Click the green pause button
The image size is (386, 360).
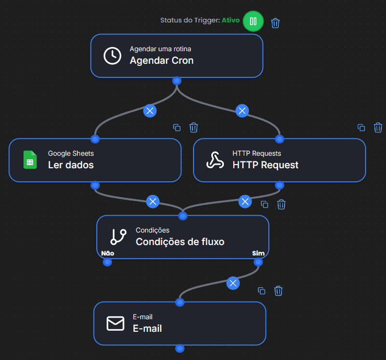[x=253, y=21]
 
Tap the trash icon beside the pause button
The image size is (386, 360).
[x=275, y=23]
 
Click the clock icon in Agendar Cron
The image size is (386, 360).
[x=112, y=56]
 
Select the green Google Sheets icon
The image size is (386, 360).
[x=30, y=160]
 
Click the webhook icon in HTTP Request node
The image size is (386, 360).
[x=215, y=160]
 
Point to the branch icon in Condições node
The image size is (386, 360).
[x=118, y=237]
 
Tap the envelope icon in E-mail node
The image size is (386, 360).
[x=116, y=323]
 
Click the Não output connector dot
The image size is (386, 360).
[x=107, y=262]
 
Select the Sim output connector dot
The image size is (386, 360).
[x=258, y=262]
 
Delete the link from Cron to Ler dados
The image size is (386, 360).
[x=150, y=111]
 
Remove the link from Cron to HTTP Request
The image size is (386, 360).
[x=242, y=111]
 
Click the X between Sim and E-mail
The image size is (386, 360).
[x=233, y=283]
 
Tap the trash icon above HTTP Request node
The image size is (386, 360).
[x=378, y=127]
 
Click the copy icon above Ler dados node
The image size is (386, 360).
[x=177, y=127]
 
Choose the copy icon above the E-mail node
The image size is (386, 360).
[x=262, y=291]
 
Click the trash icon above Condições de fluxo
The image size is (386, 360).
[x=281, y=204]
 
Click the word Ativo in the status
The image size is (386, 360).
[x=231, y=20]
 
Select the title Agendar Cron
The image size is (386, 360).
[x=162, y=61]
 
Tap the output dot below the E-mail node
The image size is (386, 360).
[x=180, y=349]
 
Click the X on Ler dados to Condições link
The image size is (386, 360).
[x=153, y=202]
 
